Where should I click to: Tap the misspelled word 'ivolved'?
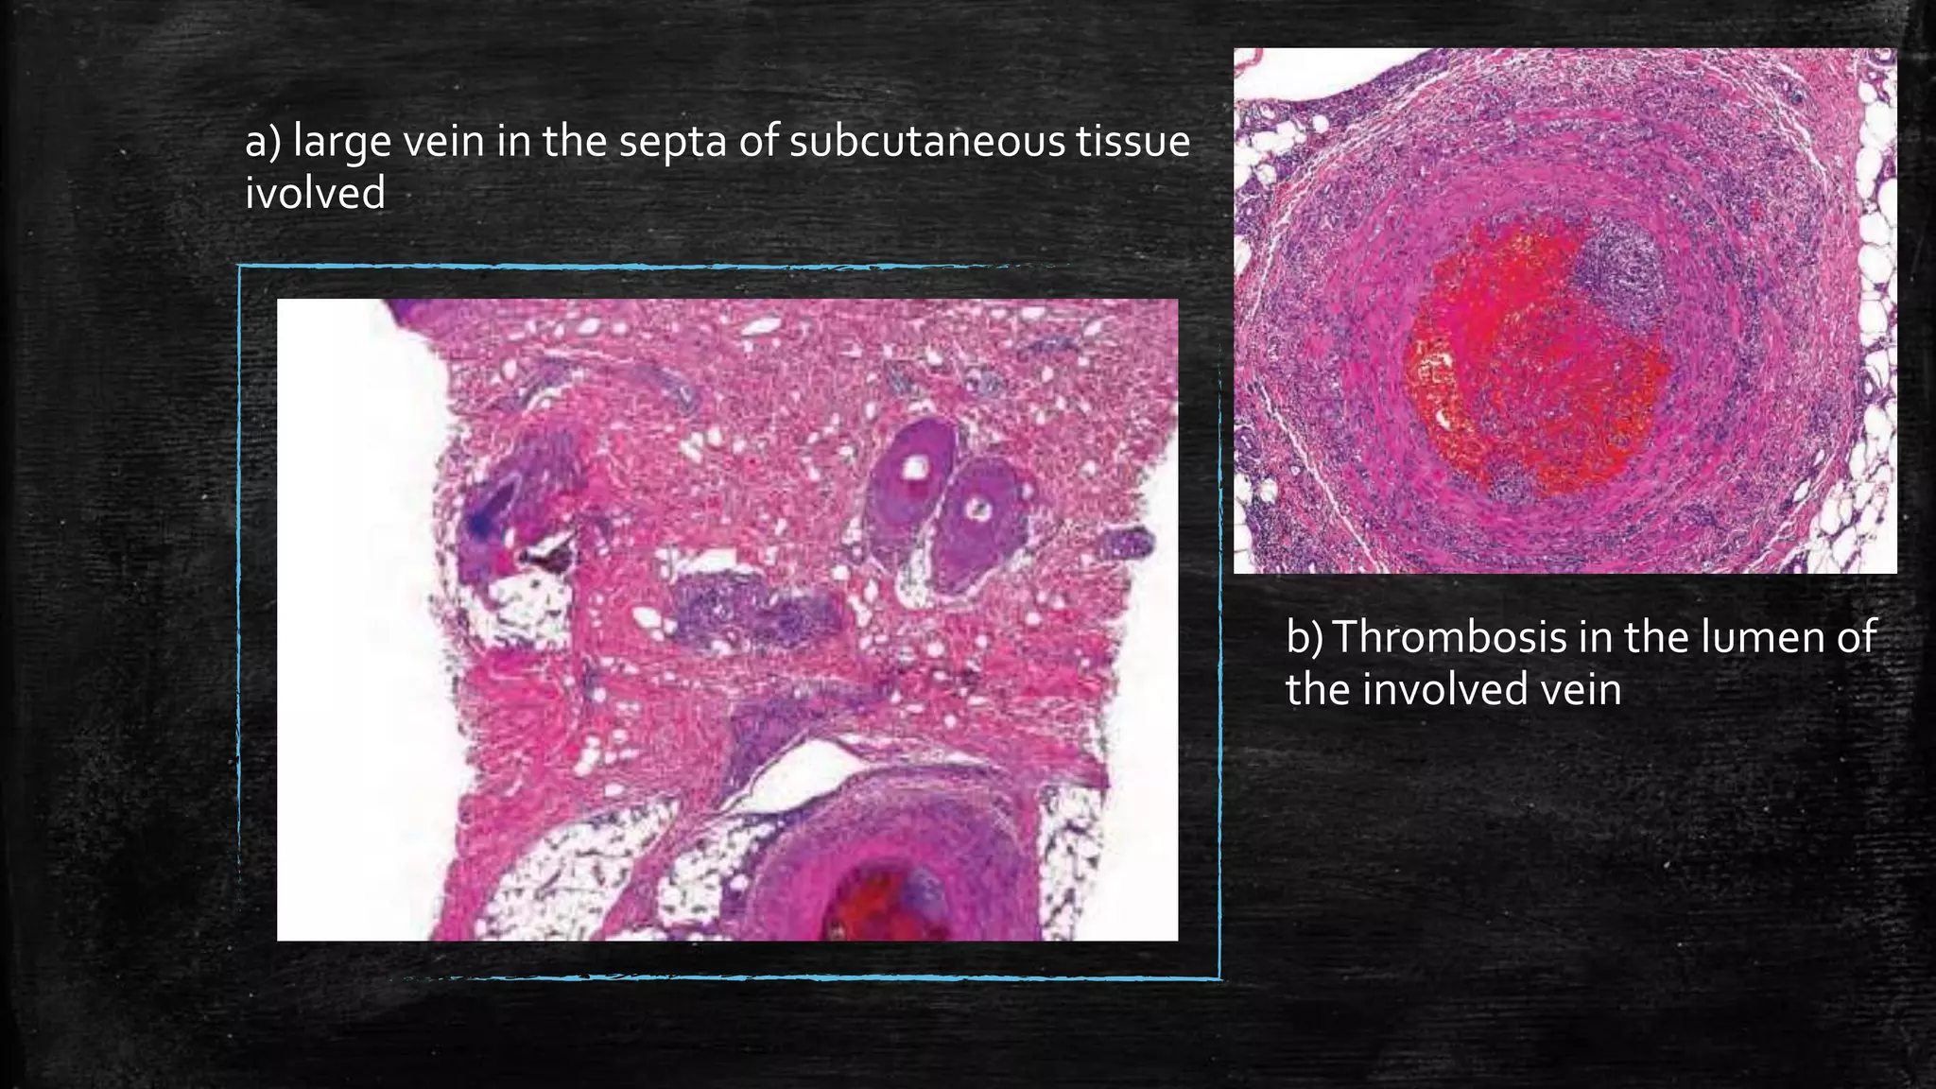point(315,194)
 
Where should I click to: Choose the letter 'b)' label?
point(1305,637)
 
